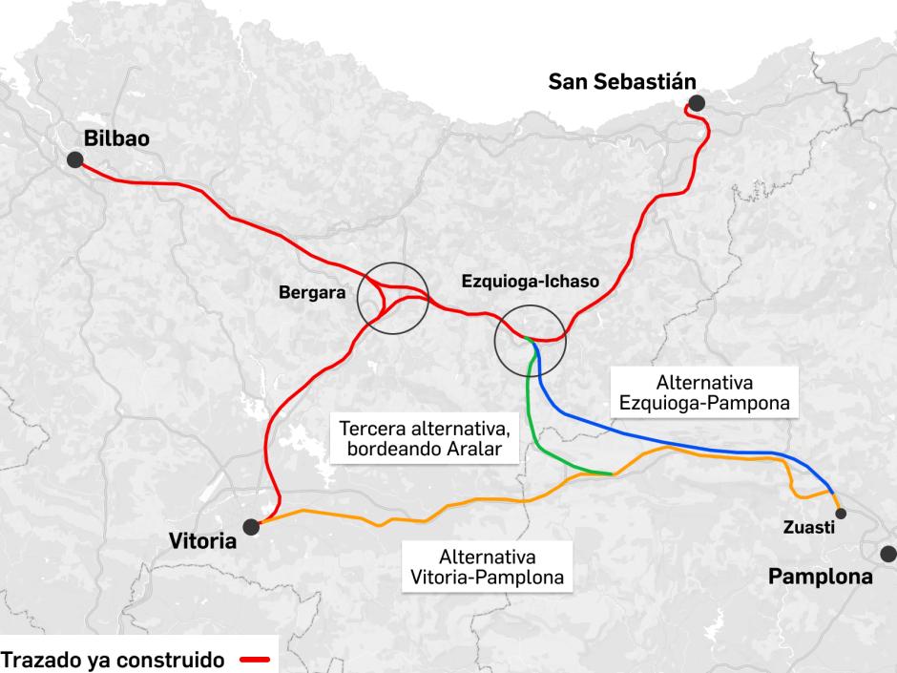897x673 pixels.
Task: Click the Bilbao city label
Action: (116, 138)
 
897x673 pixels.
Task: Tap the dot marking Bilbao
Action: (74, 161)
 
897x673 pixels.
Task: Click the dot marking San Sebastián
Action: (697, 103)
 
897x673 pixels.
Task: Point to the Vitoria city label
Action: (202, 541)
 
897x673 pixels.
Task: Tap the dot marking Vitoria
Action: (251, 525)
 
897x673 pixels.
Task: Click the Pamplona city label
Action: (821, 577)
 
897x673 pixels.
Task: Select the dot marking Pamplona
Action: (888, 553)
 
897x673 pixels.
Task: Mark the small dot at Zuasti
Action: (840, 514)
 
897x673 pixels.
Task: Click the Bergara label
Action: (311, 292)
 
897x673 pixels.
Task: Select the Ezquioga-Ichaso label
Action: (530, 283)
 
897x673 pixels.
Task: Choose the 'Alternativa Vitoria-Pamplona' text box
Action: (487, 567)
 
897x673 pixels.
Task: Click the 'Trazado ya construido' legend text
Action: (113, 659)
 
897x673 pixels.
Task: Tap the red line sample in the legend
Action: (255, 659)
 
